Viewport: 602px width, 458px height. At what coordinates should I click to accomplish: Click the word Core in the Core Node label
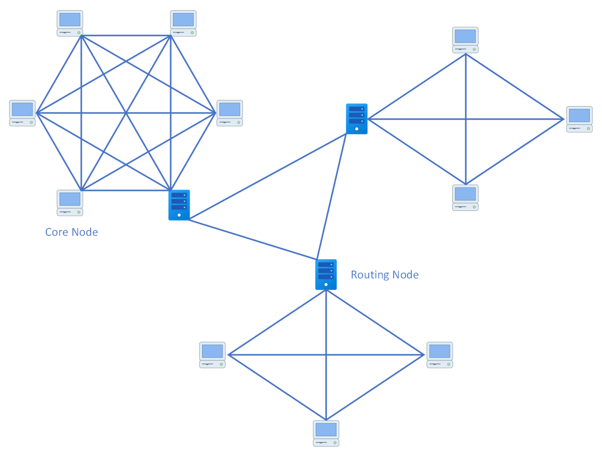(56, 232)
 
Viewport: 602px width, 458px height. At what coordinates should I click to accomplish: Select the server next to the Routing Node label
(326, 274)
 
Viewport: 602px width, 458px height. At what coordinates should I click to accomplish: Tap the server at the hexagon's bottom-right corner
(179, 205)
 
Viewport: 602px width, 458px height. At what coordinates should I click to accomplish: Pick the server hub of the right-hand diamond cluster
(356, 119)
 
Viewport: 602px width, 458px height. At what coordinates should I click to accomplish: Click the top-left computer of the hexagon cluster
(70, 23)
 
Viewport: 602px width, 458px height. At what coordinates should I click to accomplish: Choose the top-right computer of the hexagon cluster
(183, 23)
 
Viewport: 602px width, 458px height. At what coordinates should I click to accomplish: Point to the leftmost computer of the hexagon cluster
(22, 113)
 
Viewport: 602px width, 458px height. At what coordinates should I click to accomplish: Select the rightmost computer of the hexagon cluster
(230, 113)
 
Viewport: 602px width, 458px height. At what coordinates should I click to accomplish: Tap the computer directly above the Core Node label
(70, 203)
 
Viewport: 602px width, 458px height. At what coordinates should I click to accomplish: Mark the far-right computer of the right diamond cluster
(579, 119)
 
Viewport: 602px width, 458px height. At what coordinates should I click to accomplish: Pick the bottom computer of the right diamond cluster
(465, 198)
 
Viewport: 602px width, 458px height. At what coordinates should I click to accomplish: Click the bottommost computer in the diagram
(326, 433)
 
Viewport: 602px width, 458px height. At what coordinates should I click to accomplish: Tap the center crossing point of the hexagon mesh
(126, 113)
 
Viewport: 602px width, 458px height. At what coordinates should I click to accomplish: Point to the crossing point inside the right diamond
(466, 119)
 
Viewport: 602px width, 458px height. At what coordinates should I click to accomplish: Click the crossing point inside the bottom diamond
(326, 355)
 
